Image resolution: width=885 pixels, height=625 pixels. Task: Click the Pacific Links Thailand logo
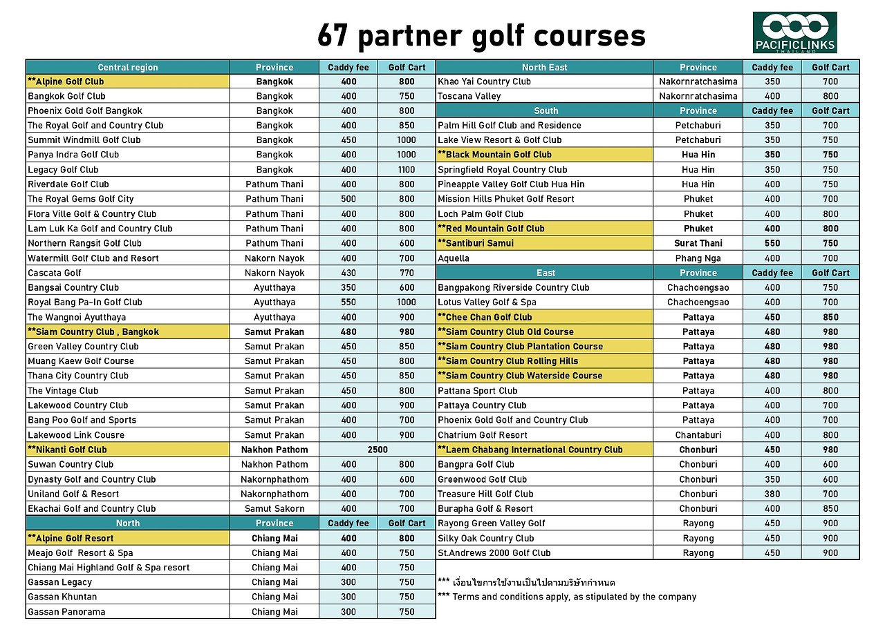[x=794, y=32]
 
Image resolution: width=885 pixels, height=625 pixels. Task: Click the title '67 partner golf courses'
[x=481, y=36]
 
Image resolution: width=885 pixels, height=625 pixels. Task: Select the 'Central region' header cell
[x=128, y=67]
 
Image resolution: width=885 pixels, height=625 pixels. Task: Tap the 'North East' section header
[x=544, y=67]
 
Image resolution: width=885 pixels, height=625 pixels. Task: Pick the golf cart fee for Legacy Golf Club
[x=407, y=169]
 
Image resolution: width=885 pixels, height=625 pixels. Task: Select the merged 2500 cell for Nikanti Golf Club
[x=378, y=450]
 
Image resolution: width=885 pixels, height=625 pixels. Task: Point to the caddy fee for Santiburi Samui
[x=772, y=243]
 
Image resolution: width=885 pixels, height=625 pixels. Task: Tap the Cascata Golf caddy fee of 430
[x=348, y=273]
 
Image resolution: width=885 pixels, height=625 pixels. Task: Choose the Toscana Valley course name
[x=469, y=96]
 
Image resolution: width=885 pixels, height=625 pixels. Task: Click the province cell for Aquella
[x=698, y=258]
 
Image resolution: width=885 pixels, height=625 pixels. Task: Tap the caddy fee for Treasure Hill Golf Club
[x=772, y=494]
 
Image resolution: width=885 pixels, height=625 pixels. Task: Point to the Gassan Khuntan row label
[x=62, y=597]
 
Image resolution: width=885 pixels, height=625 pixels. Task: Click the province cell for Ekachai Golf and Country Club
[x=274, y=508]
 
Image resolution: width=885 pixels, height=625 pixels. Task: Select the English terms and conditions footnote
[x=567, y=597]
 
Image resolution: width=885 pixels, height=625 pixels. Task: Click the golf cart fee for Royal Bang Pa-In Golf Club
[x=407, y=302]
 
